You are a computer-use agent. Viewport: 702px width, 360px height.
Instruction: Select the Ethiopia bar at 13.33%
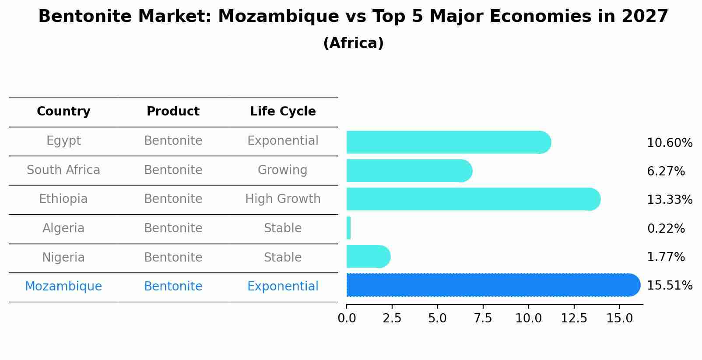click(x=473, y=199)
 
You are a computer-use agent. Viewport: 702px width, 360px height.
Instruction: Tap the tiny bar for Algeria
click(x=349, y=228)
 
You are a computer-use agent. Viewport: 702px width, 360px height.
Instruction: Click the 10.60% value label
click(x=669, y=143)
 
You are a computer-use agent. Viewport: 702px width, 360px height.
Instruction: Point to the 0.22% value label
click(x=666, y=228)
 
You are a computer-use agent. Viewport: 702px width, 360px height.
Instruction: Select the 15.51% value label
click(x=669, y=286)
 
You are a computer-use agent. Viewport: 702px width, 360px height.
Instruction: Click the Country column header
click(x=63, y=112)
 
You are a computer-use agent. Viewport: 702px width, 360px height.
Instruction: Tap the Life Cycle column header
click(x=283, y=112)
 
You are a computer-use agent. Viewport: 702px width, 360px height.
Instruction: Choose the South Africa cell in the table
click(x=63, y=170)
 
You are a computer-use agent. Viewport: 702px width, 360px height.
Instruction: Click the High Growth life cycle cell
click(x=283, y=199)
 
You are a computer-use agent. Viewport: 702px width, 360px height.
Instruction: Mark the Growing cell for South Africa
click(x=283, y=170)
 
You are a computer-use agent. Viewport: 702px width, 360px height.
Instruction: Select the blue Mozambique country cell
click(x=63, y=287)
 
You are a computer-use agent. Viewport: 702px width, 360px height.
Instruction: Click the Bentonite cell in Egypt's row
click(x=173, y=141)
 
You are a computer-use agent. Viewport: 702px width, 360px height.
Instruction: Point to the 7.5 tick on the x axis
click(x=483, y=318)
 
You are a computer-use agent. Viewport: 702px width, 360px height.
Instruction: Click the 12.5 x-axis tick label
click(x=574, y=318)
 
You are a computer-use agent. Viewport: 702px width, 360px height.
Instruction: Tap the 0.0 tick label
click(x=347, y=318)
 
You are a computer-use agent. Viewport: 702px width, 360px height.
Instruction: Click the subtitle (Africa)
click(x=353, y=43)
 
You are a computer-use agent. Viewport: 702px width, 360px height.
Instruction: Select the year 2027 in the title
click(x=645, y=17)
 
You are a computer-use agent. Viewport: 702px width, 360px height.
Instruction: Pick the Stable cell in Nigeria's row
click(x=283, y=257)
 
